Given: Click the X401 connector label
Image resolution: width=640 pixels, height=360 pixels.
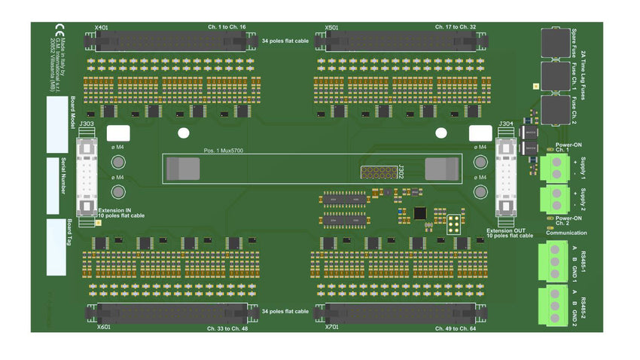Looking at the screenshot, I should coord(102,28).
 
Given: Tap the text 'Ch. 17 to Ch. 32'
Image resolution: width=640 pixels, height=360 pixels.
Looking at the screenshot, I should coord(456,27).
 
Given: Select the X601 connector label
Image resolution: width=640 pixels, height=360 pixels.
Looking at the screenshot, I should coord(103,328).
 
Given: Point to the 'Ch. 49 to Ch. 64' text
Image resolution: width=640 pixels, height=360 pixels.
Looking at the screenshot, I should coord(456,328).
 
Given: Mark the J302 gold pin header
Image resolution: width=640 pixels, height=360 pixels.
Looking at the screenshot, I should coord(376,172).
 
